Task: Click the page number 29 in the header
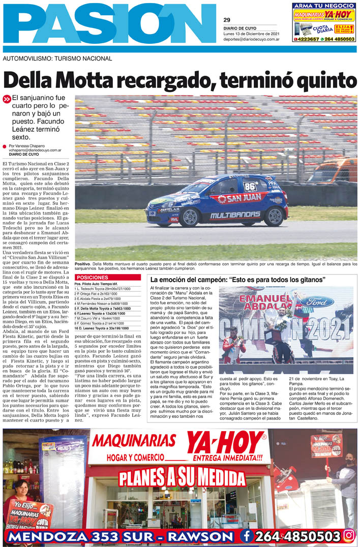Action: coord(227,20)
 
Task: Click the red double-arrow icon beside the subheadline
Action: coord(7,99)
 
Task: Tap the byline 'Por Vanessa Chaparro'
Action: coord(29,145)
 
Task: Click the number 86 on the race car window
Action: coord(249,186)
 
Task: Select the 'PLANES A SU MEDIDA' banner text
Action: coord(182,478)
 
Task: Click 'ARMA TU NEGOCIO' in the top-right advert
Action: coord(323,6)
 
